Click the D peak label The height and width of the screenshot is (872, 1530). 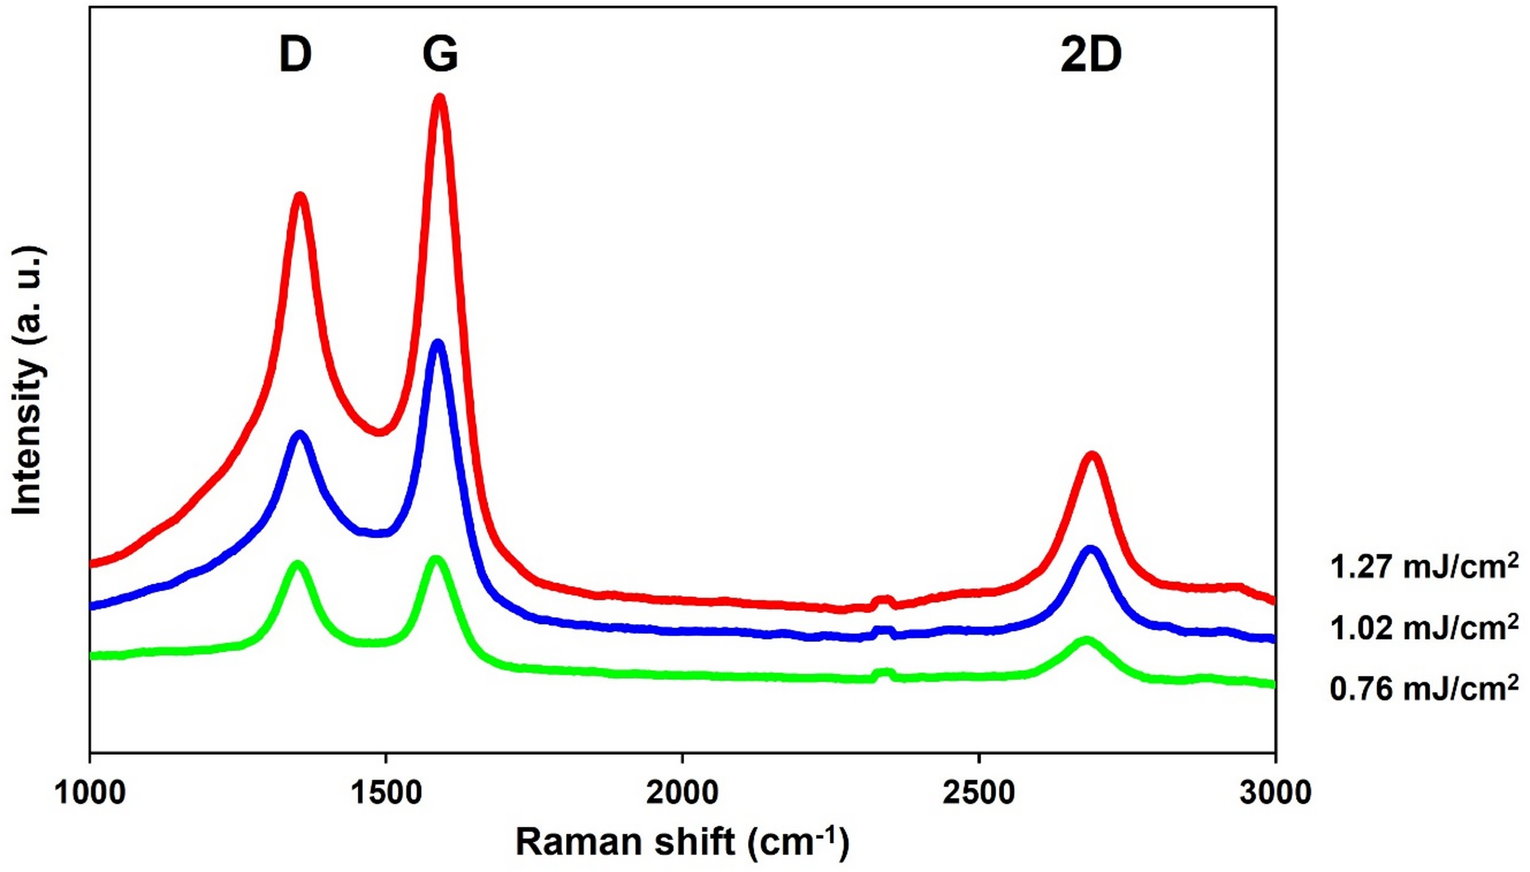click(295, 55)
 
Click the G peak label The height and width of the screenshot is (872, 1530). click(440, 55)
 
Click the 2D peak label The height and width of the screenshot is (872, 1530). click(1090, 55)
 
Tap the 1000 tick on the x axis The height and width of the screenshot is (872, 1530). click(90, 793)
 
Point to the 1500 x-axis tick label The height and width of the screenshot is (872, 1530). click(386, 793)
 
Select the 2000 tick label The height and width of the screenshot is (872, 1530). click(682, 793)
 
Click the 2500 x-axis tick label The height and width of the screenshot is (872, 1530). click(978, 793)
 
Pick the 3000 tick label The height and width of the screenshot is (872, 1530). click(1274, 793)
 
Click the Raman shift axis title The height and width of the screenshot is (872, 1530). click(682, 842)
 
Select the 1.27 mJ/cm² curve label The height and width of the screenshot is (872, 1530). click(1423, 567)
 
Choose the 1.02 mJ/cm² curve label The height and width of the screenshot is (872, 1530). click(1423, 628)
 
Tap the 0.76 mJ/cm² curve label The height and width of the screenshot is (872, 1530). click(1423, 688)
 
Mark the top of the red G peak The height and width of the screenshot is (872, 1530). click(440, 98)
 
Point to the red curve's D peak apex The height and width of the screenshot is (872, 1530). click(300, 196)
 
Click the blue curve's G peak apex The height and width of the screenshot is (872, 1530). click(437, 344)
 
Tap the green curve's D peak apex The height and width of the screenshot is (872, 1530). click(297, 565)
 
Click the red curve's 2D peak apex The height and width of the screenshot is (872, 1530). click(1093, 455)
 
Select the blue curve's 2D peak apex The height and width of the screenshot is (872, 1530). click(1090, 550)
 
